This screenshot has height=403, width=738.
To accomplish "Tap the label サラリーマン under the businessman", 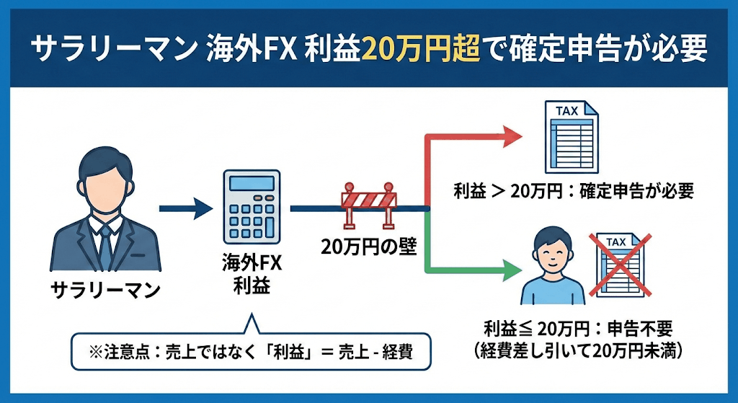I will tap(105, 290).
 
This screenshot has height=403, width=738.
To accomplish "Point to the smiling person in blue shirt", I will tap(548, 267).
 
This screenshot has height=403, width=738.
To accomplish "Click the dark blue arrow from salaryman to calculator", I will tap(185, 209).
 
